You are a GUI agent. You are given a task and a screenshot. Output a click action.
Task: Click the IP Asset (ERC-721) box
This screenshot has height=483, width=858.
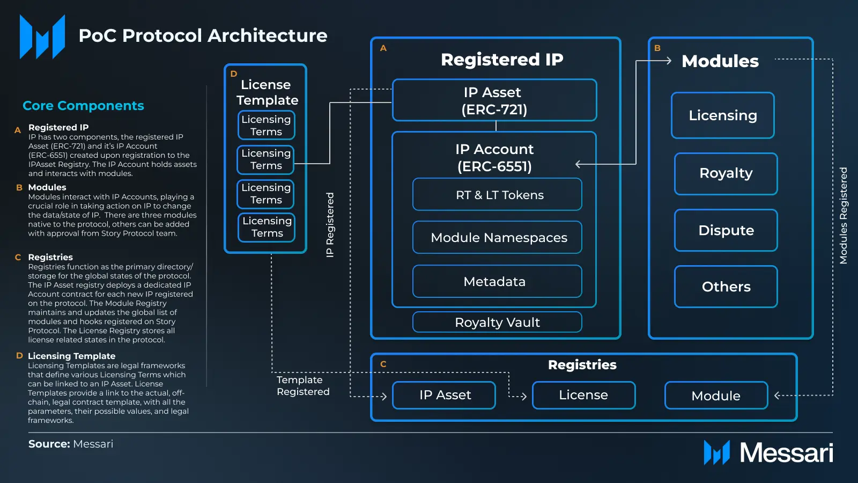tap(494, 100)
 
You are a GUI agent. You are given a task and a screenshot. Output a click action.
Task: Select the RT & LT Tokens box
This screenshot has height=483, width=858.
tap(497, 195)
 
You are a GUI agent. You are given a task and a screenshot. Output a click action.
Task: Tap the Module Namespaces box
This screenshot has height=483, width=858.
tap(497, 237)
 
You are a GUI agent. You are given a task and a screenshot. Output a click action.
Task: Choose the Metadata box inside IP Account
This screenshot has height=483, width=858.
tap(497, 281)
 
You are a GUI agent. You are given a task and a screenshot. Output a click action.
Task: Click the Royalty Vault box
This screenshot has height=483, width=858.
tap(497, 322)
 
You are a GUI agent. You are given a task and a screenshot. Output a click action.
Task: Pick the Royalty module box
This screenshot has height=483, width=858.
tap(726, 173)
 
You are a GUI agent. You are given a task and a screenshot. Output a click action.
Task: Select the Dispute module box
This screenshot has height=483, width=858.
tap(726, 230)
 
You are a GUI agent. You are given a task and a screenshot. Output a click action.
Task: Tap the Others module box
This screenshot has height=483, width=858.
tap(726, 287)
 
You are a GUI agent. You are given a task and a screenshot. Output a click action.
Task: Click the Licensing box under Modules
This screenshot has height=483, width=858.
tap(722, 115)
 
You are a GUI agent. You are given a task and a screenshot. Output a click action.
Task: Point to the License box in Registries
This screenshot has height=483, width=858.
tap(583, 395)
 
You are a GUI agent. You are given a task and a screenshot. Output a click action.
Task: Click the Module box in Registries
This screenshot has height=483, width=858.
tap(716, 396)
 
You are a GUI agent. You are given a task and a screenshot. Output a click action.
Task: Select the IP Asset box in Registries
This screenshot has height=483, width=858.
tap(445, 395)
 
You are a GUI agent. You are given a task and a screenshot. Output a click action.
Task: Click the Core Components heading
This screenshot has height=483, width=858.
tap(83, 106)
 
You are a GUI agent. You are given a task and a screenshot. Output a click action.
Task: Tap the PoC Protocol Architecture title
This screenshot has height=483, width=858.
tap(203, 35)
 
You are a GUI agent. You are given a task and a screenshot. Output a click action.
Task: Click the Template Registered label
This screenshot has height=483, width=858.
tap(303, 386)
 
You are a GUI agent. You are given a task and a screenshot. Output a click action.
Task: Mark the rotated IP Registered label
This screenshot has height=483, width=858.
tap(330, 225)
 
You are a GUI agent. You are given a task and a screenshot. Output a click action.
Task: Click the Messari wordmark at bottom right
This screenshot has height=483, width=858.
tap(786, 452)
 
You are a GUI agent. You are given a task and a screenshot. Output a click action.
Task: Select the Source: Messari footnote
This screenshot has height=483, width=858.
tap(71, 444)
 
